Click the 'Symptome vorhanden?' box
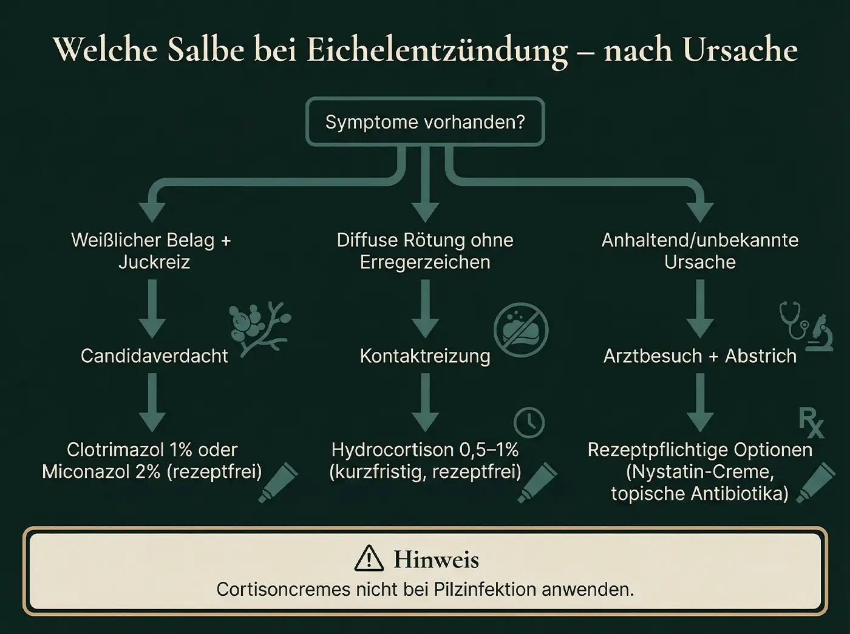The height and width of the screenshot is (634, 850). [x=425, y=122]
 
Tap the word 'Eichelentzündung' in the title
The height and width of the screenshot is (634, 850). [x=437, y=50]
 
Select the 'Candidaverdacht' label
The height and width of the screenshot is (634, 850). [x=154, y=356]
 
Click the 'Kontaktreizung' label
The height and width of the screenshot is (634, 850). [x=425, y=356]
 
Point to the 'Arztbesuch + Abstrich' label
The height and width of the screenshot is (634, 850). [x=699, y=356]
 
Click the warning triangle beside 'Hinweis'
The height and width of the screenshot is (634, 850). [x=369, y=559]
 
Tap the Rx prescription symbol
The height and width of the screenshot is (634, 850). [x=811, y=422]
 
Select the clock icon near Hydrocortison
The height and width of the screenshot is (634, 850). [x=529, y=422]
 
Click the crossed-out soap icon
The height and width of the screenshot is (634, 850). [x=521, y=330]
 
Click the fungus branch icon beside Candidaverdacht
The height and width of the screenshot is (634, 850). [x=260, y=328]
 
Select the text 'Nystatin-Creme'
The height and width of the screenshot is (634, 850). [x=699, y=471]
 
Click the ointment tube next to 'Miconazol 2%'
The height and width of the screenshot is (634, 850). [x=278, y=483]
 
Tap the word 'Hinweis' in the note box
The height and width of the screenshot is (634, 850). [x=436, y=559]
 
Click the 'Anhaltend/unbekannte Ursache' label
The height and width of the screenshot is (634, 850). [x=699, y=251]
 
